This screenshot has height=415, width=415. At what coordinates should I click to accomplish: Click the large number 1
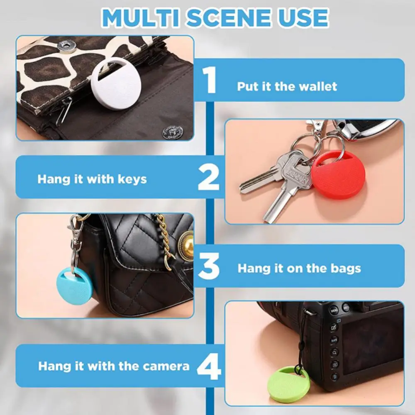(x=211, y=81)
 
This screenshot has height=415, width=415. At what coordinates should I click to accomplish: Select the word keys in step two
(x=131, y=179)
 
